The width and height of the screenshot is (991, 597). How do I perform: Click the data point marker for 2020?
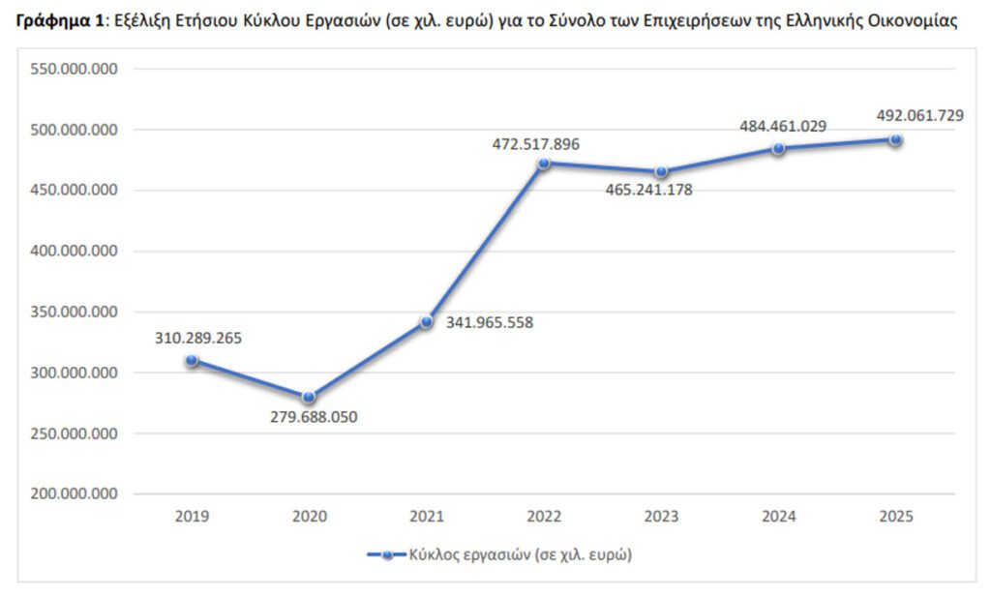click(309, 397)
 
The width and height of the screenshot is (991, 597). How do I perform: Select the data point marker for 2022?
click(544, 163)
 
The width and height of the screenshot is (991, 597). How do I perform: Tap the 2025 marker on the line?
click(896, 140)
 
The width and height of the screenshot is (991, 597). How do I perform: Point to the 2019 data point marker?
click(192, 360)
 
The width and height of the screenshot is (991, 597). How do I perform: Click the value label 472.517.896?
click(536, 144)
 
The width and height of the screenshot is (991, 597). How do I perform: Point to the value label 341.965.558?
click(489, 322)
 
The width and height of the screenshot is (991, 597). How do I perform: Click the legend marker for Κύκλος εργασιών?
click(386, 554)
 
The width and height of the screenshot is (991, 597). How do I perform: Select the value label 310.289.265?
click(198, 339)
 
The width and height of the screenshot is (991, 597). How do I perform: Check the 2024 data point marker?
click(778, 148)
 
